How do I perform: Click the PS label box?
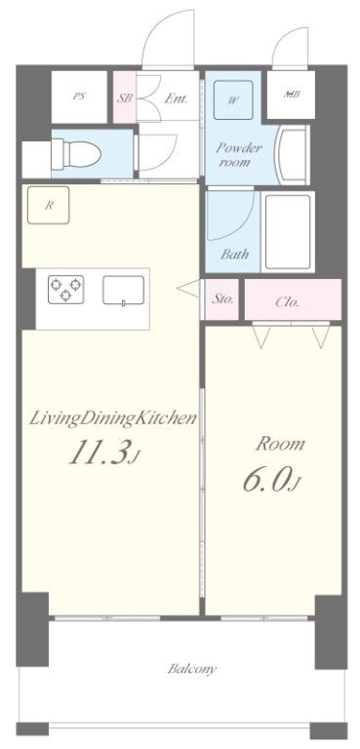79,98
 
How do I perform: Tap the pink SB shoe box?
125,98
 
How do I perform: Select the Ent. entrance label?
176,99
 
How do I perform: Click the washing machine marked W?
234,99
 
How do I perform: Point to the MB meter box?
290,96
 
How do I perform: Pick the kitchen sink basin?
124,289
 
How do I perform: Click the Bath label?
233,254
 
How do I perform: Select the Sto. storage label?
222,300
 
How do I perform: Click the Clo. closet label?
287,301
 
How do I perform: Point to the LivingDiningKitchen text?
115,418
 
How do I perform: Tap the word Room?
281,444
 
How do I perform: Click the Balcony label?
191,670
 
